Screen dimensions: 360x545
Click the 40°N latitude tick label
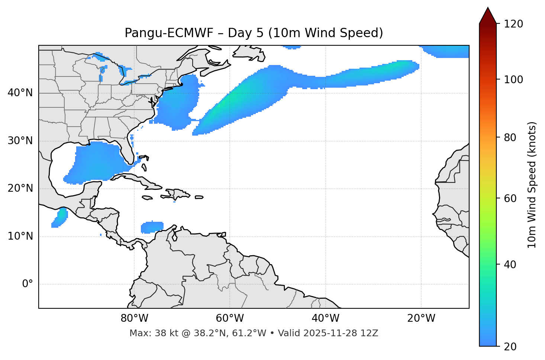point(20,93)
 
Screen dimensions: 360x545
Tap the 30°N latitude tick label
point(20,141)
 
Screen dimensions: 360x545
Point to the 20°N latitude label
point(20,188)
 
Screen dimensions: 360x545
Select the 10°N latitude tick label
point(20,236)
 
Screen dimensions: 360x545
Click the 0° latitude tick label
point(27,284)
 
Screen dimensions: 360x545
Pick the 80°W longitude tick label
point(134,318)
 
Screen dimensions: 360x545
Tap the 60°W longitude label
point(230,318)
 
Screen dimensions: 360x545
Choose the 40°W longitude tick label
point(325,318)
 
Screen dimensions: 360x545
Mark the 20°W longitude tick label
point(421,318)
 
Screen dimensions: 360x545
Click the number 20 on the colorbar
point(510,347)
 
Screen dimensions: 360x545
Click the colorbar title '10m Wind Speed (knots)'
point(532,185)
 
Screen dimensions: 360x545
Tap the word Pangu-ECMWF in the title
point(169,33)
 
